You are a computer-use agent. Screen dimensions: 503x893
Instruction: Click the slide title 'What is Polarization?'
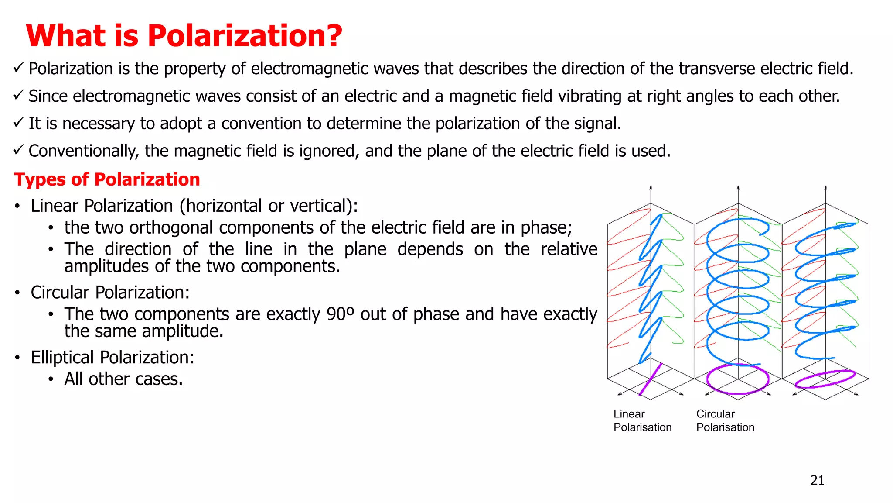[184, 35]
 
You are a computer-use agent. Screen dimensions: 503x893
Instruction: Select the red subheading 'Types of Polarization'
[107, 179]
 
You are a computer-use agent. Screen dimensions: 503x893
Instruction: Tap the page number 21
[817, 480]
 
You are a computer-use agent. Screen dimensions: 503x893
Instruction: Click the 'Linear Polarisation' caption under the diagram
[642, 420]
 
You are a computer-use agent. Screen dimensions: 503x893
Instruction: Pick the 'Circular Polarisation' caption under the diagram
[725, 420]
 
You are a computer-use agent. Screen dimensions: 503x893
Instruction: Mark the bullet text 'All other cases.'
[123, 379]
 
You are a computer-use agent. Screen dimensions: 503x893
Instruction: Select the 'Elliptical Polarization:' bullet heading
[112, 357]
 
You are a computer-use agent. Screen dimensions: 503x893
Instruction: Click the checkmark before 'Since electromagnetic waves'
[18, 95]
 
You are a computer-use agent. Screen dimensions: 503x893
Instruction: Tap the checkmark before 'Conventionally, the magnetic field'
[18, 150]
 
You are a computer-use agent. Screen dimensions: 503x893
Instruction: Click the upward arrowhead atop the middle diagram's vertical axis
[738, 188]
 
